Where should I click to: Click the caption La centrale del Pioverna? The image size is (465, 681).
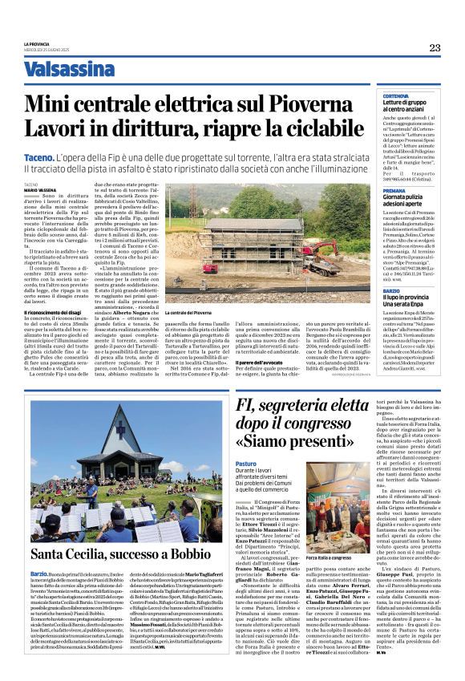[191, 311]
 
